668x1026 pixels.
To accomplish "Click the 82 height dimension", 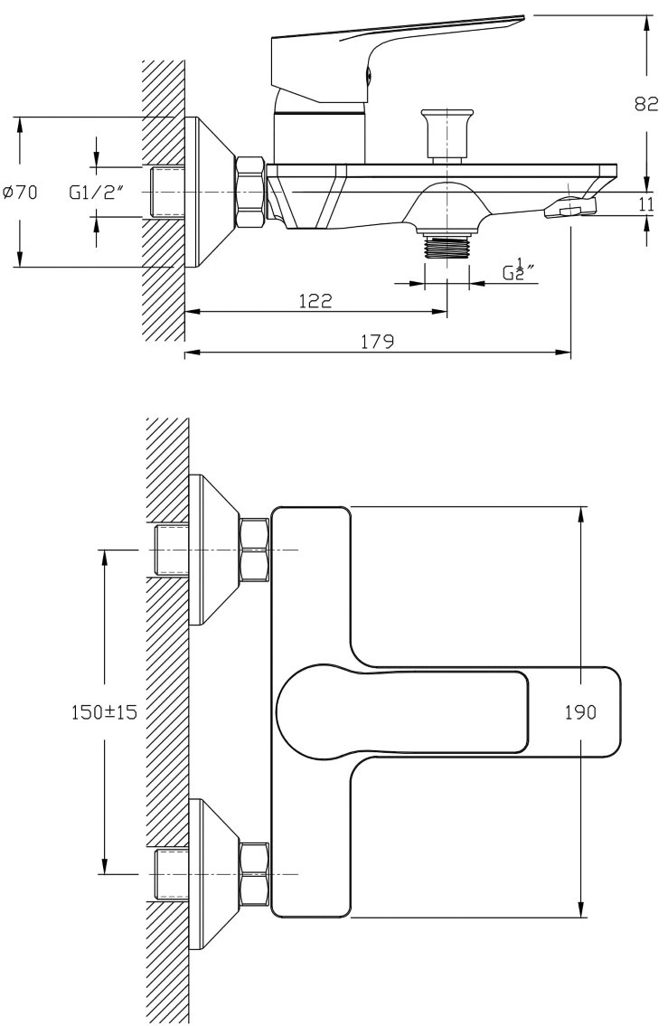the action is [645, 103].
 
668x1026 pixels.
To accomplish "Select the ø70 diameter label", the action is [20, 193].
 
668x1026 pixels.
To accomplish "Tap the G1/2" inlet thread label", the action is [96, 193].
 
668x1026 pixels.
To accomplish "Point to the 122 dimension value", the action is [315, 300].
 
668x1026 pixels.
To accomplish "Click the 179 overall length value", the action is [378, 341].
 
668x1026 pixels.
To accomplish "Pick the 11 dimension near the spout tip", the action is [646, 204].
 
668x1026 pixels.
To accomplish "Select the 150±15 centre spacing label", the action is [105, 712].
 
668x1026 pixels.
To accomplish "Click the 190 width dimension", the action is [581, 711].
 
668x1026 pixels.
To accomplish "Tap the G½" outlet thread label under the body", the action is [519, 270].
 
